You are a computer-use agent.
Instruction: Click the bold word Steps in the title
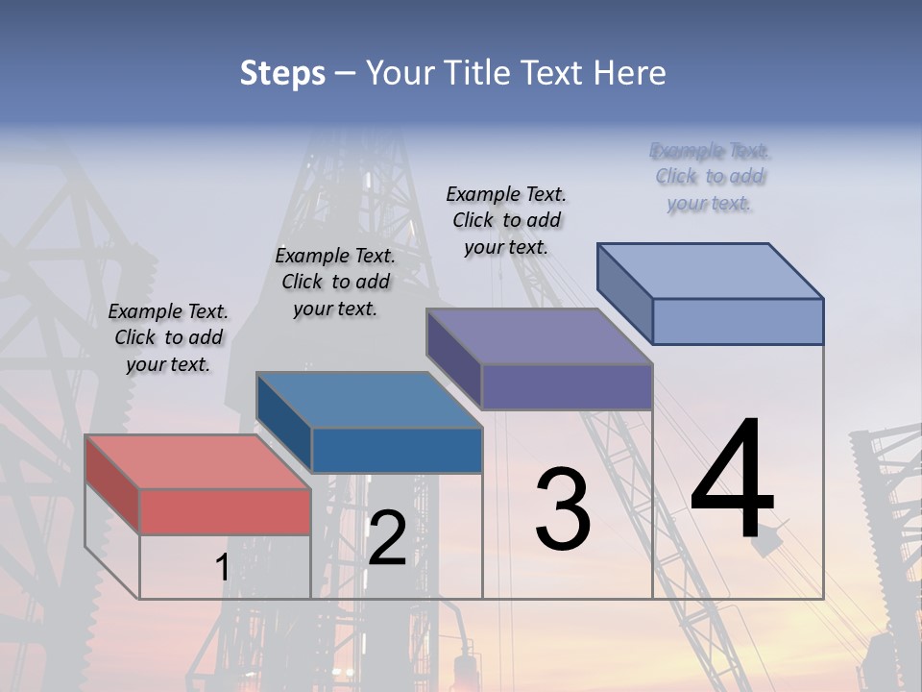(282, 73)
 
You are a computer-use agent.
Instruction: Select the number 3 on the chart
(562, 508)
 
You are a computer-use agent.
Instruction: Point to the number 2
(387, 538)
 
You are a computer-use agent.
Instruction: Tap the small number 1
(222, 567)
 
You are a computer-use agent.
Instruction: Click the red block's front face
(225, 511)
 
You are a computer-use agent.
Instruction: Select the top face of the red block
(197, 461)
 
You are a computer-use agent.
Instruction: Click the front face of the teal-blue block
(397, 450)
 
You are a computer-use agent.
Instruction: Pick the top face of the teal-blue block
(369, 399)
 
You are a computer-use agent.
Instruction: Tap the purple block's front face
(567, 386)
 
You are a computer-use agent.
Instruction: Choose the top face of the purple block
(539, 336)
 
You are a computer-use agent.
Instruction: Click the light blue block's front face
(738, 321)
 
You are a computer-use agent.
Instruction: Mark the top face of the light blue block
(710, 270)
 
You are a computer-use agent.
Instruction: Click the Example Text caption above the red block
(168, 337)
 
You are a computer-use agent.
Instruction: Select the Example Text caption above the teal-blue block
(335, 282)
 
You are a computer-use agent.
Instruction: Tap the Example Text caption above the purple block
(506, 220)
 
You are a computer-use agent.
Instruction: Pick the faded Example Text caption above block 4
(710, 177)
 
